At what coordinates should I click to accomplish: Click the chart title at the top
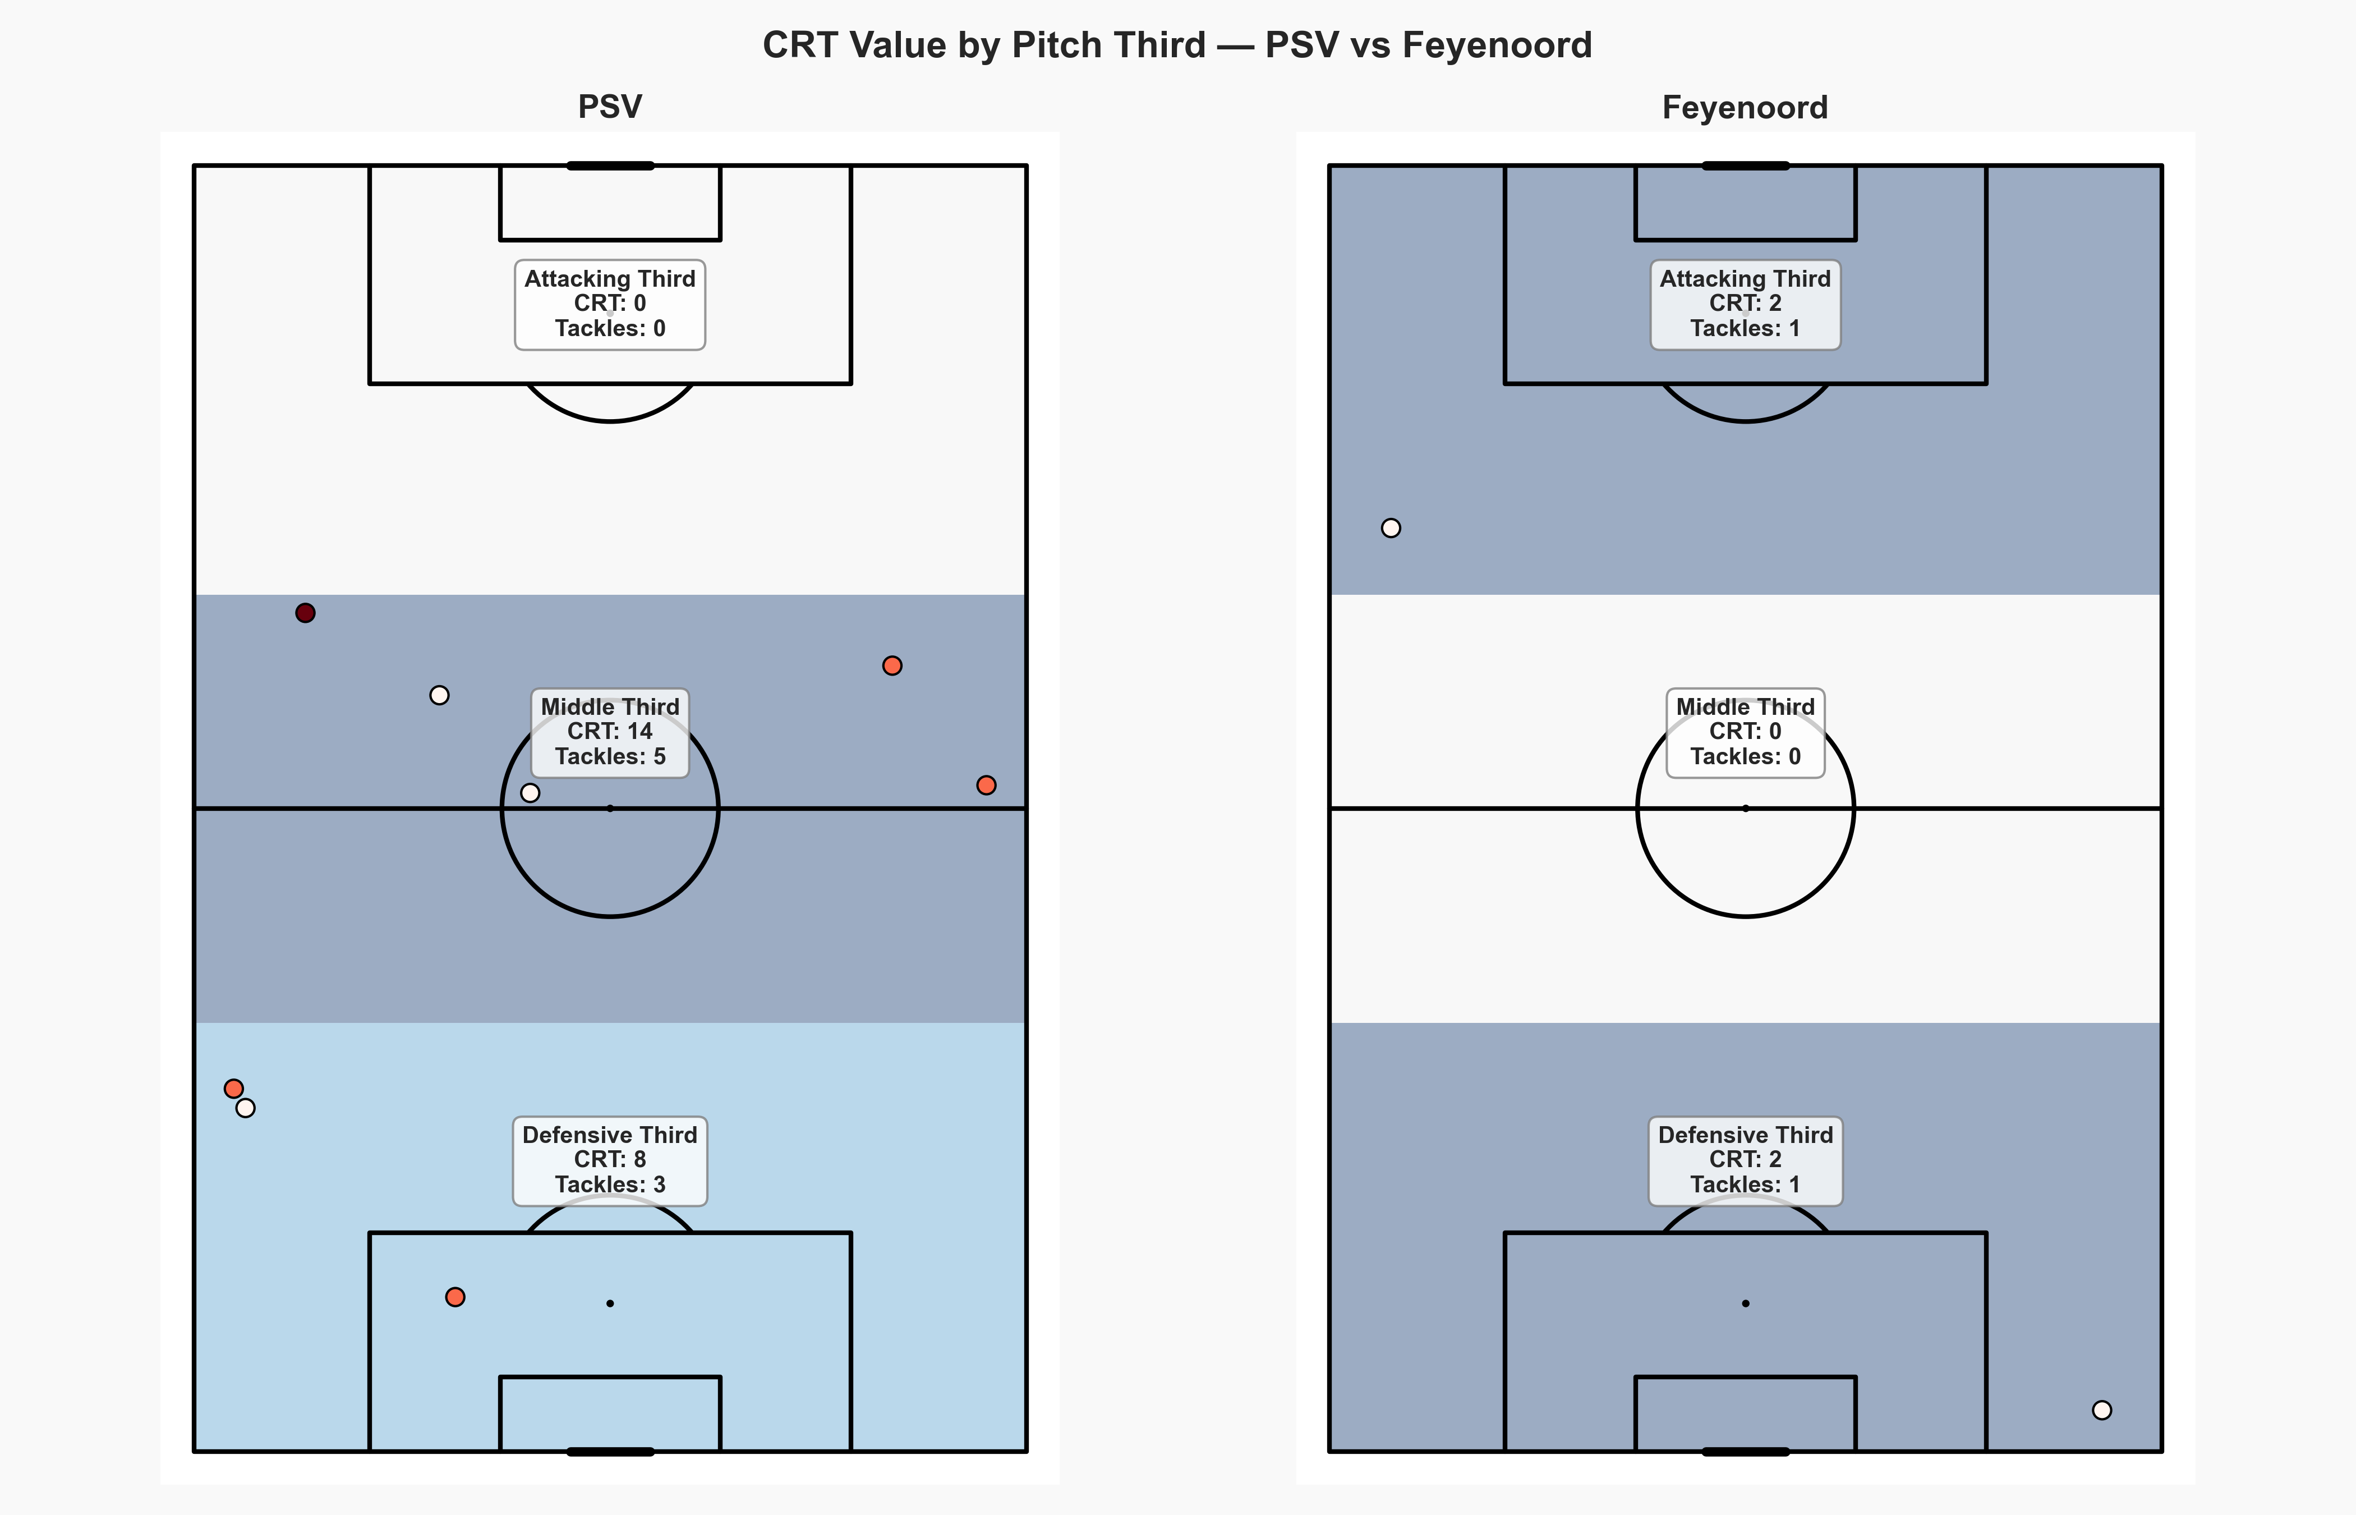coord(1177,45)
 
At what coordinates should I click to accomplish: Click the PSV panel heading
coord(610,106)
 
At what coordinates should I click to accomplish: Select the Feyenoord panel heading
coord(1745,107)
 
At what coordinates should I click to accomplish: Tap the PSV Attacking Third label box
coord(610,304)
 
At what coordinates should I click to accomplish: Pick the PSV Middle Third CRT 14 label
coord(610,732)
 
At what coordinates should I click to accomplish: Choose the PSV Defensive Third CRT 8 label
coord(610,1160)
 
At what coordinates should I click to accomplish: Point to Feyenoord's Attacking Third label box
coord(1745,304)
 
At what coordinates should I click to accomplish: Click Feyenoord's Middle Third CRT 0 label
coord(1745,732)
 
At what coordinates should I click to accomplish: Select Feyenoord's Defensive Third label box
coord(1745,1160)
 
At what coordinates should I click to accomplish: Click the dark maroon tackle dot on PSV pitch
coord(306,613)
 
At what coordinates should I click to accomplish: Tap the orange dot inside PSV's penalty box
coord(455,1297)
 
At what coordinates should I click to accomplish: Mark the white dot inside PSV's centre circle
coord(530,792)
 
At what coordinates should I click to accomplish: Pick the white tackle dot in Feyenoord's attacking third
coord(1391,528)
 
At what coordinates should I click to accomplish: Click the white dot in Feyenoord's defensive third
coord(2101,1410)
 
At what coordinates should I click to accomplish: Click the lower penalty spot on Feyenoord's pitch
coord(1745,1303)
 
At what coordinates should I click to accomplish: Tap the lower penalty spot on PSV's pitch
coord(611,1303)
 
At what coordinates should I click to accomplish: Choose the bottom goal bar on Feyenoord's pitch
coord(1745,1451)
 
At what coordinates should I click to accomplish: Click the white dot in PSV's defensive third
coord(246,1108)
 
